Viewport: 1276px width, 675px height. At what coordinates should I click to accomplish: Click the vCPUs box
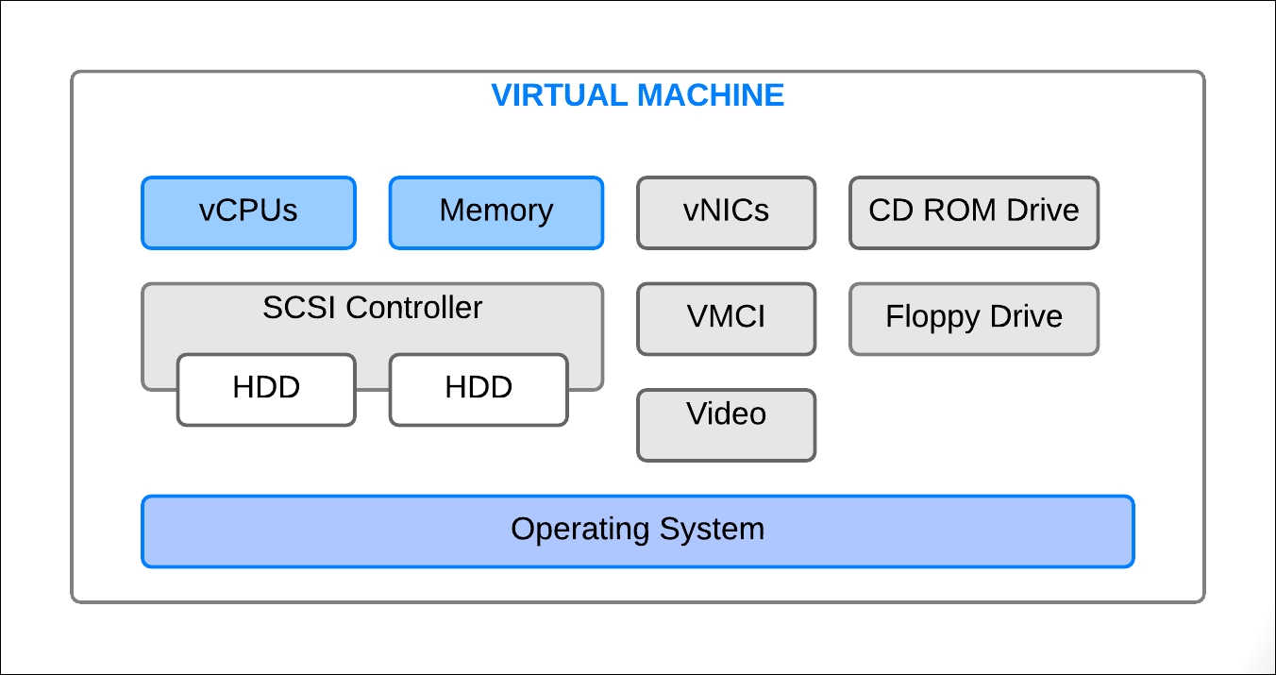coord(248,212)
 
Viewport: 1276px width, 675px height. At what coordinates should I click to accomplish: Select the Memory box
coord(496,212)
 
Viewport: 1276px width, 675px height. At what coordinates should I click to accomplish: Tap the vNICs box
coord(727,212)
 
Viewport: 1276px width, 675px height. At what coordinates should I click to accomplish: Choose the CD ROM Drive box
coord(974,212)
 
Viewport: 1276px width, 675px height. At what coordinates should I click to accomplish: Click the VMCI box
coord(727,319)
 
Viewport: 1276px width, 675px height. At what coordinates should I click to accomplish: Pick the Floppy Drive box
coord(974,319)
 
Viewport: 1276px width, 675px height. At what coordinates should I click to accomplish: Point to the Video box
coord(727,425)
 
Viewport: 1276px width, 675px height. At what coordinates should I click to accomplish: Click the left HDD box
coord(266,390)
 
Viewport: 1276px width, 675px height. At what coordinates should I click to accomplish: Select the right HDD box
coord(478,390)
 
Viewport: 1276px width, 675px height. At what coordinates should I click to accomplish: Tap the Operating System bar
coord(638,532)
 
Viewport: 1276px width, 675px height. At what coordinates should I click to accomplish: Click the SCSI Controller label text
coord(373,308)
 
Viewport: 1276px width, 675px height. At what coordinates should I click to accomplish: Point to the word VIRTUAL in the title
coord(560,95)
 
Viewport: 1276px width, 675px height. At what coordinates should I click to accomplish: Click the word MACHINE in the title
coord(711,95)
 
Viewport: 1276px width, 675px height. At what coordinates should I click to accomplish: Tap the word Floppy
coord(932,317)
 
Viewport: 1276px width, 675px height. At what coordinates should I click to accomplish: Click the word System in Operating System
coord(712,530)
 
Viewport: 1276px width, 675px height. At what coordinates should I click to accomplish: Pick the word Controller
coord(414,308)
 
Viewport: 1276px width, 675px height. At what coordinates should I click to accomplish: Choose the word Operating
coord(579,530)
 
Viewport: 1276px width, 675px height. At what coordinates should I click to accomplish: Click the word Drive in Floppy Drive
coord(1026,316)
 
